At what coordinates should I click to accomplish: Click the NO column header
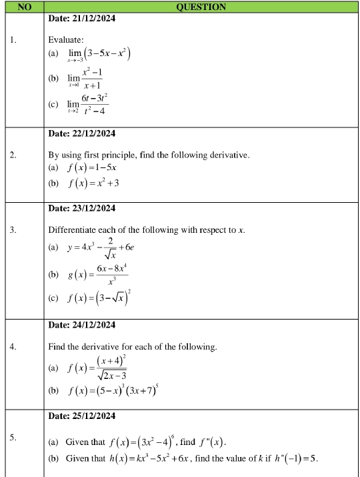click(x=23, y=7)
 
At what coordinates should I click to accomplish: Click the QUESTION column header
click(x=201, y=7)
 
